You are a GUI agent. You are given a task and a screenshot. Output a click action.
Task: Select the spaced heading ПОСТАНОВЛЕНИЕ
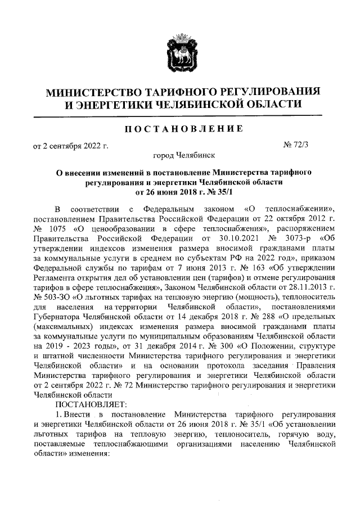pos(183,129)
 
